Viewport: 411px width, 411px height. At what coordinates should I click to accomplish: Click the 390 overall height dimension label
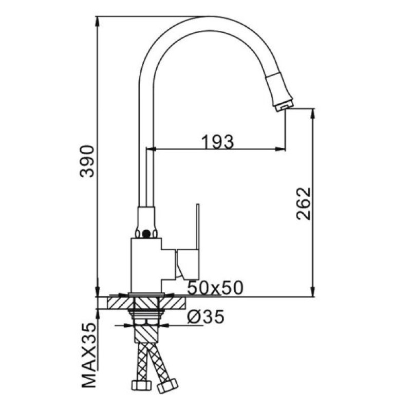[x=88, y=161]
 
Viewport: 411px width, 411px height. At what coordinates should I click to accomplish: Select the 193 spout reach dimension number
[x=216, y=140]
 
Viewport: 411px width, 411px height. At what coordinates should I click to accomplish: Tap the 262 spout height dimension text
[x=304, y=203]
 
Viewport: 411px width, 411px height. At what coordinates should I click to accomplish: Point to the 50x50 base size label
[x=215, y=288]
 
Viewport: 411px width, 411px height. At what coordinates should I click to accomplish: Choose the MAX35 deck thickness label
[x=88, y=355]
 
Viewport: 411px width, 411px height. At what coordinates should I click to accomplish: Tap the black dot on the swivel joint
[x=148, y=234]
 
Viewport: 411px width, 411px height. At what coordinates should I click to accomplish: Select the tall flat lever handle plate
[x=196, y=226]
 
